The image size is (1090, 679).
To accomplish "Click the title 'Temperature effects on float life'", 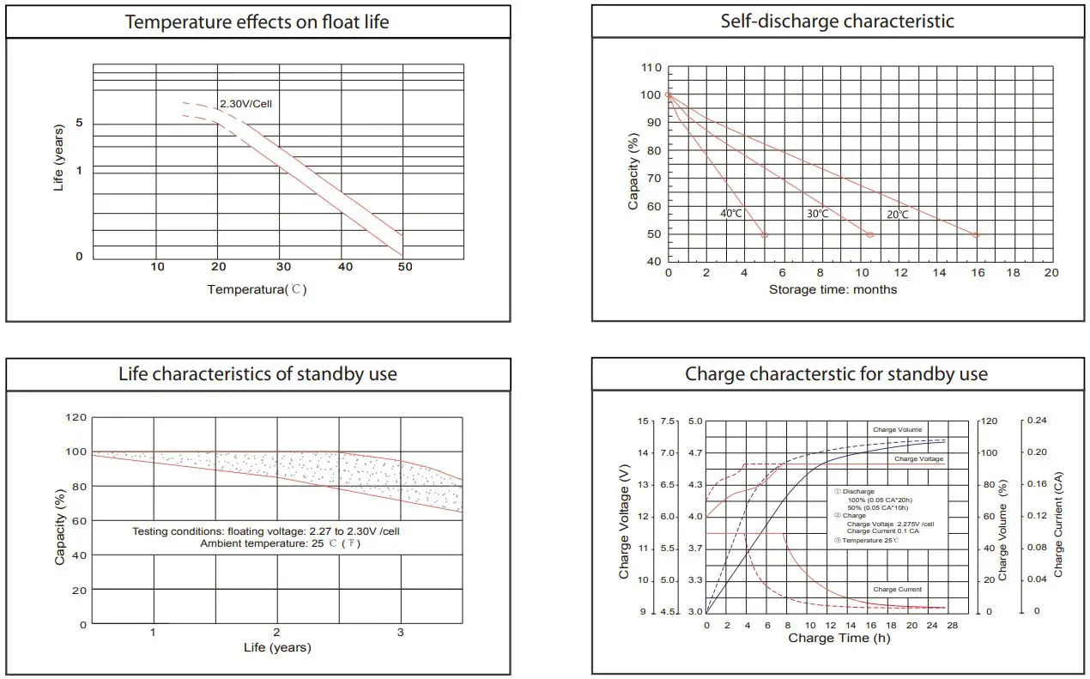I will tap(257, 21).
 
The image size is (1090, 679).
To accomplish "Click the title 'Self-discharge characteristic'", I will tap(837, 21).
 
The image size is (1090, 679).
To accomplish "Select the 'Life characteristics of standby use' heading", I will tap(257, 374).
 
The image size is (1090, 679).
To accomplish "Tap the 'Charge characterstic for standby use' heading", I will tap(837, 374).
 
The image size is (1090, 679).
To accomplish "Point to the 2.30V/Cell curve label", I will tap(245, 104).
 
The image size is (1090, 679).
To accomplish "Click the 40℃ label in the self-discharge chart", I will tap(731, 214).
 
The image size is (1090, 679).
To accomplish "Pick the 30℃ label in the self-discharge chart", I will tap(817, 214).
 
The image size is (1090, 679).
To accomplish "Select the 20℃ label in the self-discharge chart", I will tap(897, 214).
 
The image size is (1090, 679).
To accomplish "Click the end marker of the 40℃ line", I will tap(765, 234).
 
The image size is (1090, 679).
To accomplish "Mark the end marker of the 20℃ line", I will tap(976, 234).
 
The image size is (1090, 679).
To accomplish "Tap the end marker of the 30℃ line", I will tap(870, 234).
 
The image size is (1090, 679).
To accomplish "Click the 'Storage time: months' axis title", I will tap(833, 290).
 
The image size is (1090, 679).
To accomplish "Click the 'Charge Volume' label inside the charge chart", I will tap(897, 429).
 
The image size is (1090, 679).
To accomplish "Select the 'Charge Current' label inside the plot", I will tap(897, 590).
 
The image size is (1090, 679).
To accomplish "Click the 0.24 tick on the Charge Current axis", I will tap(1037, 421).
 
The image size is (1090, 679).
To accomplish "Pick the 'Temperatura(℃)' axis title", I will tap(257, 289).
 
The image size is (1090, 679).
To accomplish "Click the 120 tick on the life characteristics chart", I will tap(76, 417).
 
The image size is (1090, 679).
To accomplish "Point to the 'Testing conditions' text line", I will tap(265, 531).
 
